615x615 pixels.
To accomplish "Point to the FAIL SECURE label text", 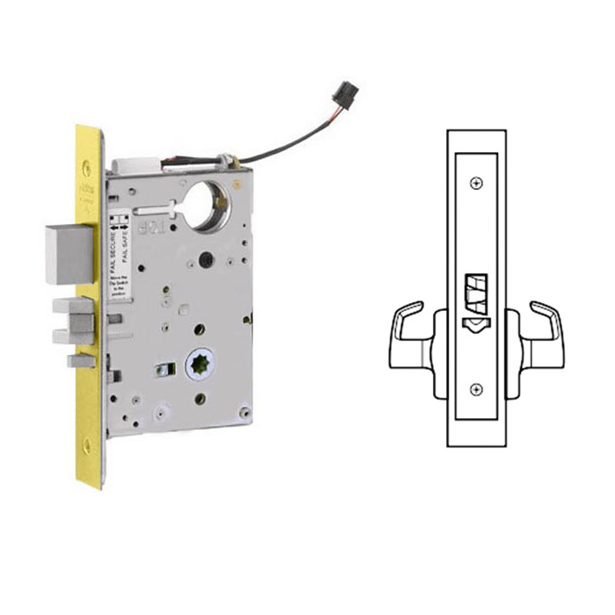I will pyautogui.click(x=113, y=240).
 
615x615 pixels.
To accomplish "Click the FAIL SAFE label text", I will pyautogui.click(x=127, y=240).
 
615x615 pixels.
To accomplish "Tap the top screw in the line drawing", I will pyautogui.click(x=475, y=183).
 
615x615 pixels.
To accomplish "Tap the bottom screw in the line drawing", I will pyautogui.click(x=475, y=390).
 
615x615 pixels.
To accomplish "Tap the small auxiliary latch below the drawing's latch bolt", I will pyautogui.click(x=475, y=323).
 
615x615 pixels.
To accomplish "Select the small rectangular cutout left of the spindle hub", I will pyautogui.click(x=162, y=369).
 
